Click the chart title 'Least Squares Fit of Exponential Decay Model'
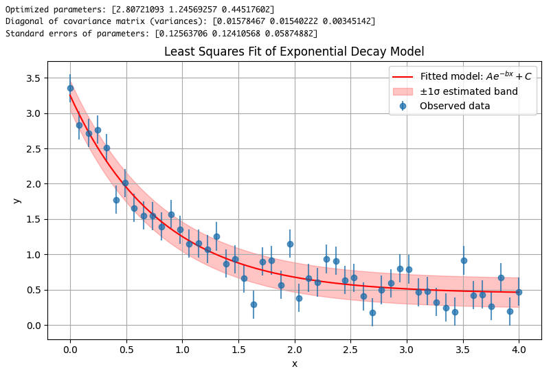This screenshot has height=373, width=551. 294,52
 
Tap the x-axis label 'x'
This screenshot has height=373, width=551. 295,363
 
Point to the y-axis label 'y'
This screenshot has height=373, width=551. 17,200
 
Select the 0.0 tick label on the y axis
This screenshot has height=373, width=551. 33,325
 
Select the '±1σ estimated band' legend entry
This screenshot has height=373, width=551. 469,91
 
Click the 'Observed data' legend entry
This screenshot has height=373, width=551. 454,106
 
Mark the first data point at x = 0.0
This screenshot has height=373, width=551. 70,88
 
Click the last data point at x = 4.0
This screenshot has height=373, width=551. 519,292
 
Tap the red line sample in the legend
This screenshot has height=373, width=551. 403,76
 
